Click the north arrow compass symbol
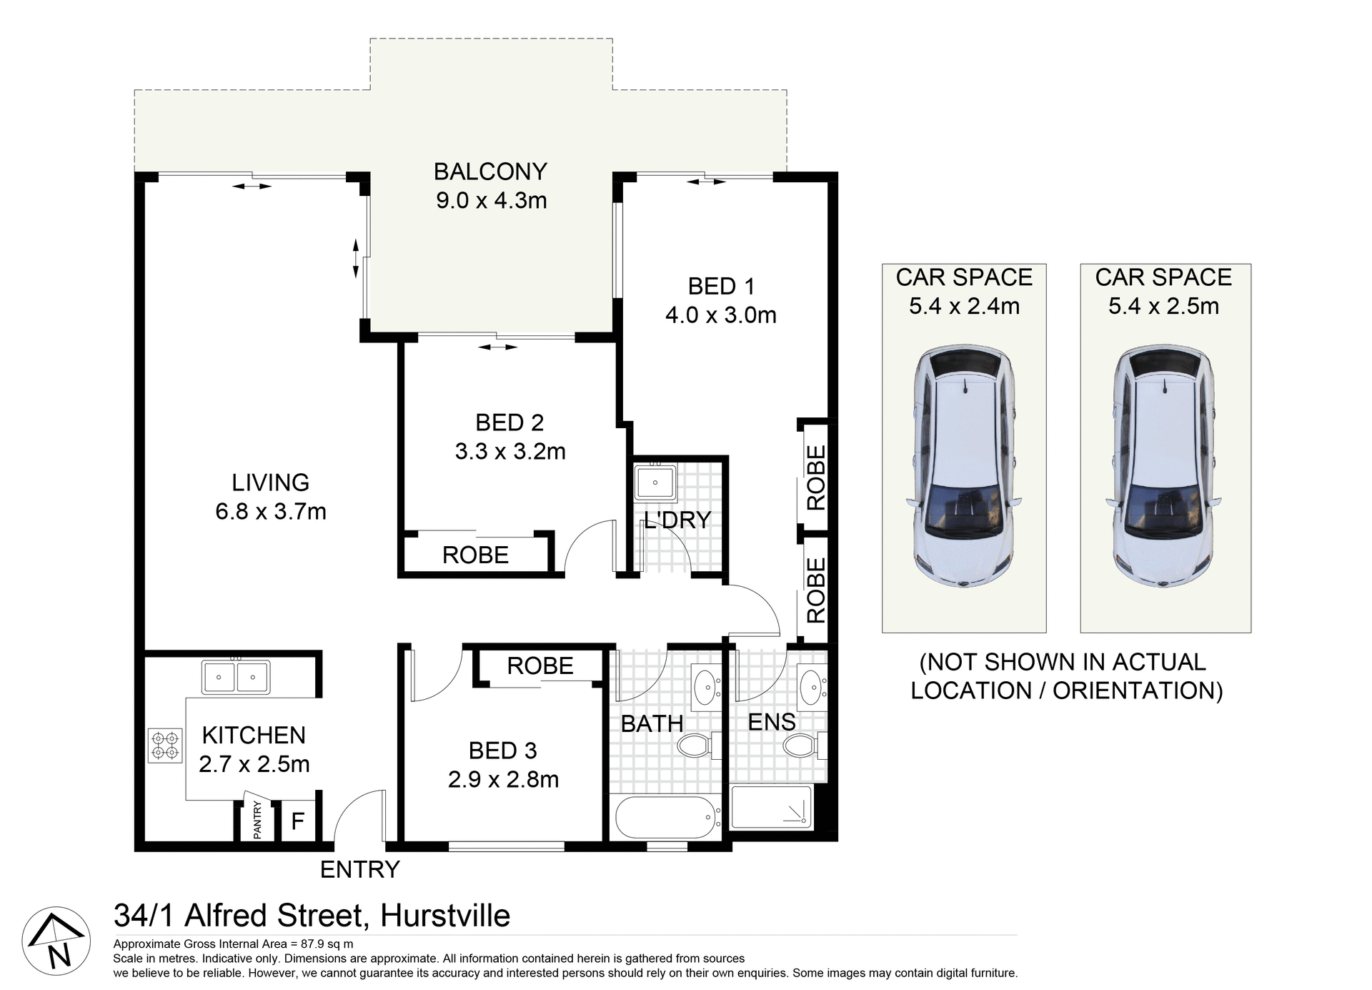pos(56,941)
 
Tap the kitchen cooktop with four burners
pos(165,744)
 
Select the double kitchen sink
pos(236,676)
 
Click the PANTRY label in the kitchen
pos(257,820)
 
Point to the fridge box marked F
pos(297,821)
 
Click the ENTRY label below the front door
pos(359,869)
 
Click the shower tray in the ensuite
pos(772,808)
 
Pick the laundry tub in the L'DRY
pos(655,483)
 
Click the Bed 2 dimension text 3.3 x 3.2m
pos(510,451)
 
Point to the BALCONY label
pos(490,172)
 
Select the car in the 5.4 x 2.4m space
pos(964,468)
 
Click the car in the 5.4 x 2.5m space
pos(1164,468)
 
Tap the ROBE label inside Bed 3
pos(540,665)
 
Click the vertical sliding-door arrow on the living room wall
pos(356,259)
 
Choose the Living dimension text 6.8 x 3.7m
pos(271,511)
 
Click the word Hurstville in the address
pos(445,916)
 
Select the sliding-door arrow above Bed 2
pos(497,347)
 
